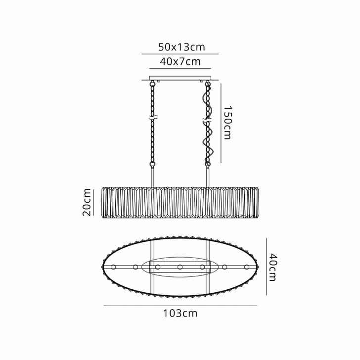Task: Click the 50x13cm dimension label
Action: pos(181,47)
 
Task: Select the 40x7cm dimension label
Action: pos(180,61)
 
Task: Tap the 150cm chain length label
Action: pos(228,123)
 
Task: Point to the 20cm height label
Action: pos(87,202)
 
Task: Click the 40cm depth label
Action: pos(273,267)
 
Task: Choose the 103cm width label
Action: pos(180,313)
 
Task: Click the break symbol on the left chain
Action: pos(152,119)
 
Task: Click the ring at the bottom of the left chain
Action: pos(152,164)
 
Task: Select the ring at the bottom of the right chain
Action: pos(208,164)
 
